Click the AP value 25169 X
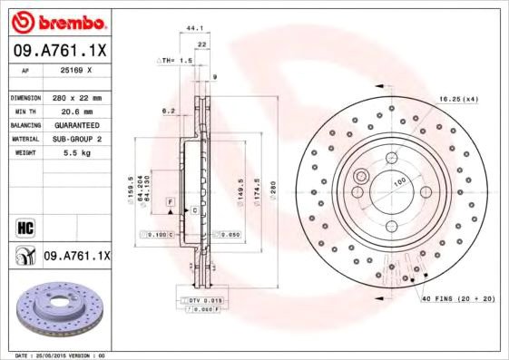pos(75,69)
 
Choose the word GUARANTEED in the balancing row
pos(75,124)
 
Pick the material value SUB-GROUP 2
pos(75,139)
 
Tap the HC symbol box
pos(24,226)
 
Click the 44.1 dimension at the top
pos(193,28)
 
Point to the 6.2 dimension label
pos(168,111)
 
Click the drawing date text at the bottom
pos(56,355)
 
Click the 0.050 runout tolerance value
pos(228,234)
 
